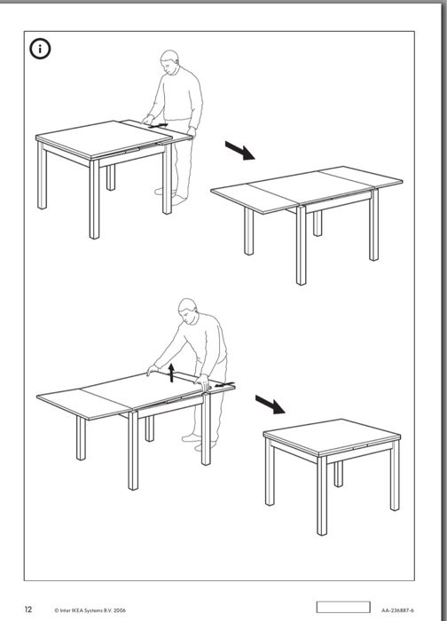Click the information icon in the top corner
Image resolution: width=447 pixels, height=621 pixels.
[39, 50]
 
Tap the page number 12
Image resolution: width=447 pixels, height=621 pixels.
[28, 609]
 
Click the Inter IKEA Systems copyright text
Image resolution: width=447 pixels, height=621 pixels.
[90, 610]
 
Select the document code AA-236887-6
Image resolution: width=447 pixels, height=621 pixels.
[398, 610]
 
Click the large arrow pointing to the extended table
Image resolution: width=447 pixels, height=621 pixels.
[239, 151]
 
